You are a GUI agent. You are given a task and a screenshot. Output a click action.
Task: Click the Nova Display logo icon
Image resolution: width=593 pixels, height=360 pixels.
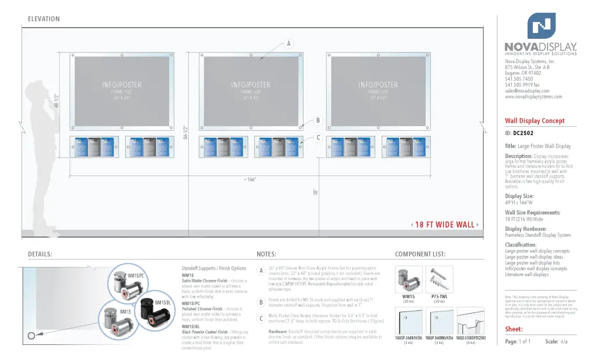[541, 25]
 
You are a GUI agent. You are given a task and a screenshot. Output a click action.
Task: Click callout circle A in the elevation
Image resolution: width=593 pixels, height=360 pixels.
[288, 43]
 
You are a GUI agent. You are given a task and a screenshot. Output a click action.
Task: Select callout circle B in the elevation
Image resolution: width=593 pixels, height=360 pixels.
[318, 121]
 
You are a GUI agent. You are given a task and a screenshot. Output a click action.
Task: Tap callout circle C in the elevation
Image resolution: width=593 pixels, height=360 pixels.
[318, 138]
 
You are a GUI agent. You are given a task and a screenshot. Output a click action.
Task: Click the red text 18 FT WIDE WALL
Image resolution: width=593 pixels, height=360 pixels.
[445, 225]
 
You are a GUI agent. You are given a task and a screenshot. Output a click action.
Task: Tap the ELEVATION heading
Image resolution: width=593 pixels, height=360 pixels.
[43, 19]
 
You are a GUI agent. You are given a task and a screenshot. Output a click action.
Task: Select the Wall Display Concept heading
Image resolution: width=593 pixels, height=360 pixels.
[535, 121]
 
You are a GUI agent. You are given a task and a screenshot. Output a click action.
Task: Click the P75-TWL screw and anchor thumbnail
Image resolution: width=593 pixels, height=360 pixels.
[439, 280]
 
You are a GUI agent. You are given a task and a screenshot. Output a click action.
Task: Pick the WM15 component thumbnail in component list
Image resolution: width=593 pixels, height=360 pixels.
[408, 280]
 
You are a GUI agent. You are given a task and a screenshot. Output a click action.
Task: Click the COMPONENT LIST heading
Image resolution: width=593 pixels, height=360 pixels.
[420, 254]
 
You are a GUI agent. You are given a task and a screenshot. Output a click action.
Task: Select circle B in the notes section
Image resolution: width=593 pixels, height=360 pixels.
[261, 302]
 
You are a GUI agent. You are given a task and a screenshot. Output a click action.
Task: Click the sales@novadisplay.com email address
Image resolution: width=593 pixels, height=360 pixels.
[526, 91]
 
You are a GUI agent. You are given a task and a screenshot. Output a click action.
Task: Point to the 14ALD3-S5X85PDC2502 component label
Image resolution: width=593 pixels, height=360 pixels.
[470, 337]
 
